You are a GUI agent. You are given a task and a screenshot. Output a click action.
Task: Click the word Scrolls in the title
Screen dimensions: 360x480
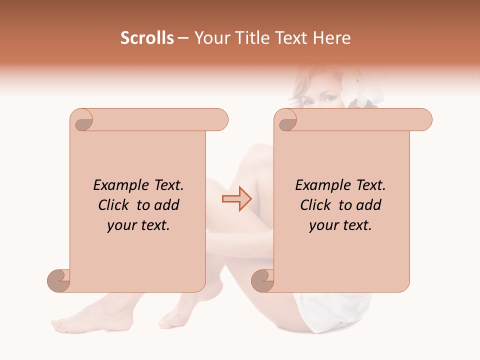tap(147, 38)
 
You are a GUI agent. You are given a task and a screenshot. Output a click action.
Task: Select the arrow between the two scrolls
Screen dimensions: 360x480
tap(237, 199)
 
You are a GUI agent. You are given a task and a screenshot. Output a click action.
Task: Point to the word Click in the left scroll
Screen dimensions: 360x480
tap(114, 205)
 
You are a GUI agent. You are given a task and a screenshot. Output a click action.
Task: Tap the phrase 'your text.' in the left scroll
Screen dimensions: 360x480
tap(138, 225)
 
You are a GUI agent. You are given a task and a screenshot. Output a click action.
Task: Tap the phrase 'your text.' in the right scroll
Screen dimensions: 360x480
tap(340, 225)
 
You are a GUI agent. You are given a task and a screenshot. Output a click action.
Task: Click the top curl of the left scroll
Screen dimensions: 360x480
tap(82, 120)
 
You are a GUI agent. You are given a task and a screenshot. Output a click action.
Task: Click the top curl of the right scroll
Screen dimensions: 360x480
tap(287, 120)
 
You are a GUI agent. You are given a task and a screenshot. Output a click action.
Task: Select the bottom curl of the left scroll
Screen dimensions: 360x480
tap(59, 280)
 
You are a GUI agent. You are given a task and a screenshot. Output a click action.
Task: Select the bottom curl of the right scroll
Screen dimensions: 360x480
tap(263, 280)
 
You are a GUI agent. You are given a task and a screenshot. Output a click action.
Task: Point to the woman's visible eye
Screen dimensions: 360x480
tap(330, 98)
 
